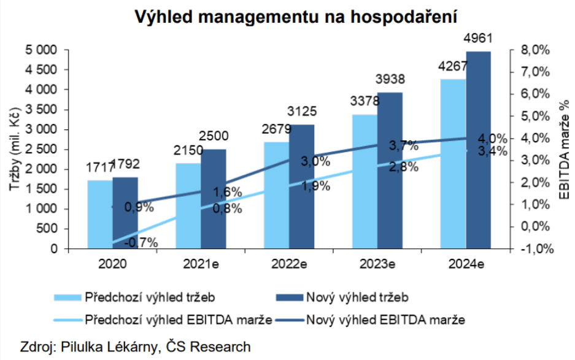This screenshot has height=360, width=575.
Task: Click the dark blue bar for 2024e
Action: click(x=478, y=150)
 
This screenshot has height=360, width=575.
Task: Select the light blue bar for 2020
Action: click(x=99, y=215)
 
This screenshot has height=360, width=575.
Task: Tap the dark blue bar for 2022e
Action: click(x=301, y=187)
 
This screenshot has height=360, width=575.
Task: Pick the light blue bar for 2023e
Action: click(x=365, y=182)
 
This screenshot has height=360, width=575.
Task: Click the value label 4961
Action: click(x=478, y=39)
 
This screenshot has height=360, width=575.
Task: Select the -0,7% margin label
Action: click(x=141, y=242)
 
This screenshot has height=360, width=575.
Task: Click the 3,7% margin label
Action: click(x=404, y=145)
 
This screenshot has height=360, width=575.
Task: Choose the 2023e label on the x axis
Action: click(x=377, y=264)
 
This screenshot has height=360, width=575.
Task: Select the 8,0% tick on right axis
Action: click(x=531, y=50)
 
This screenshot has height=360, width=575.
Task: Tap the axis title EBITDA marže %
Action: click(x=563, y=150)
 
